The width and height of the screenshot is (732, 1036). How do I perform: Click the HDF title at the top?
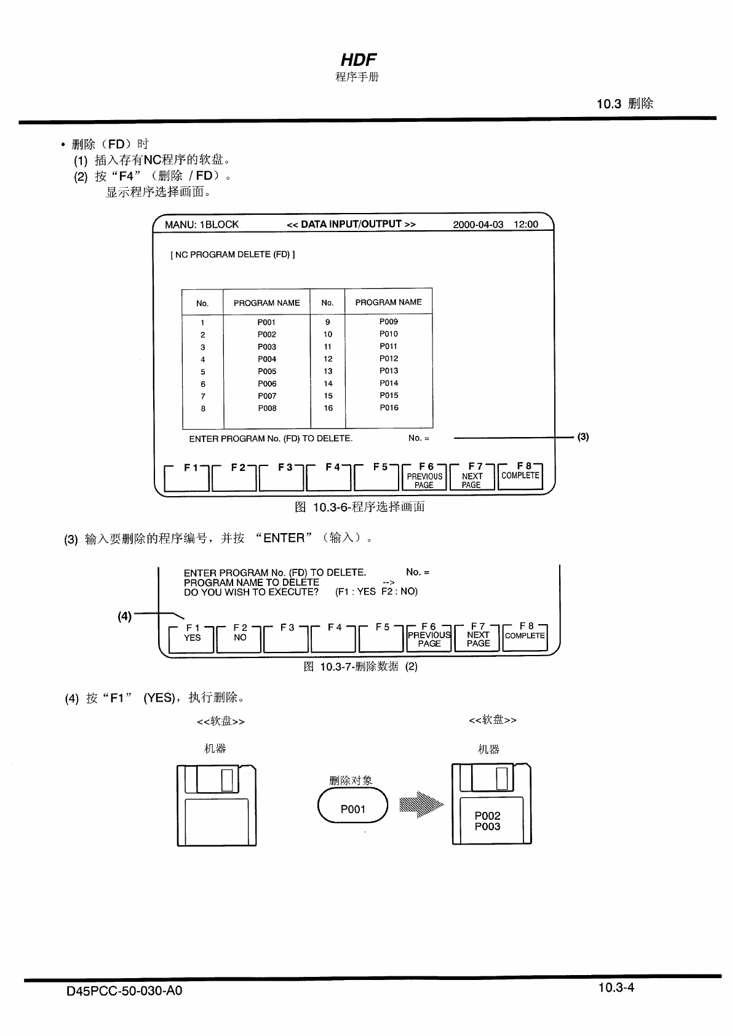point(358,60)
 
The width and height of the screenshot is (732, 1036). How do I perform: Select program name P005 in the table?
point(267,372)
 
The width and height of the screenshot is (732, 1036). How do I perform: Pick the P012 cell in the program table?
point(389,359)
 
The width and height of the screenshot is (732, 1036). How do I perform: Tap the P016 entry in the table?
point(389,408)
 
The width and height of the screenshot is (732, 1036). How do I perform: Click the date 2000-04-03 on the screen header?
point(478,225)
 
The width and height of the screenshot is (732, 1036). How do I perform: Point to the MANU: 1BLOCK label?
point(201,225)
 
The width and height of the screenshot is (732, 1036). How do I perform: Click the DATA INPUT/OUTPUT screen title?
point(351,225)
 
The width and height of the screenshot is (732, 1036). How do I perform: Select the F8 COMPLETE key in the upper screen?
point(520,476)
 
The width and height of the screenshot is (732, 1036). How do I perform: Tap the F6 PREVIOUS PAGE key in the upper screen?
point(424,477)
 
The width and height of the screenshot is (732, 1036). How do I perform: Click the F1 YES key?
point(192,638)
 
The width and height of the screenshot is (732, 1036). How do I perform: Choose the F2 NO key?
point(240,638)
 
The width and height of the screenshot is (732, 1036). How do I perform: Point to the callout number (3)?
point(583,437)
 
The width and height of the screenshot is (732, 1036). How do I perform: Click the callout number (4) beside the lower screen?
point(124,616)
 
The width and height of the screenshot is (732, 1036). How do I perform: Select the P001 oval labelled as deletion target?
point(353,809)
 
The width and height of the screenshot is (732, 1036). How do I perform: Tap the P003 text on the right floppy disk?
point(487,827)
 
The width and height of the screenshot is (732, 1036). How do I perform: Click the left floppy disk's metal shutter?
point(212,779)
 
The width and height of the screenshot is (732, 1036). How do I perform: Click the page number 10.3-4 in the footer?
point(616,988)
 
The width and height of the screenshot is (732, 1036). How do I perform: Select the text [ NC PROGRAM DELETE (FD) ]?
point(233,255)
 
